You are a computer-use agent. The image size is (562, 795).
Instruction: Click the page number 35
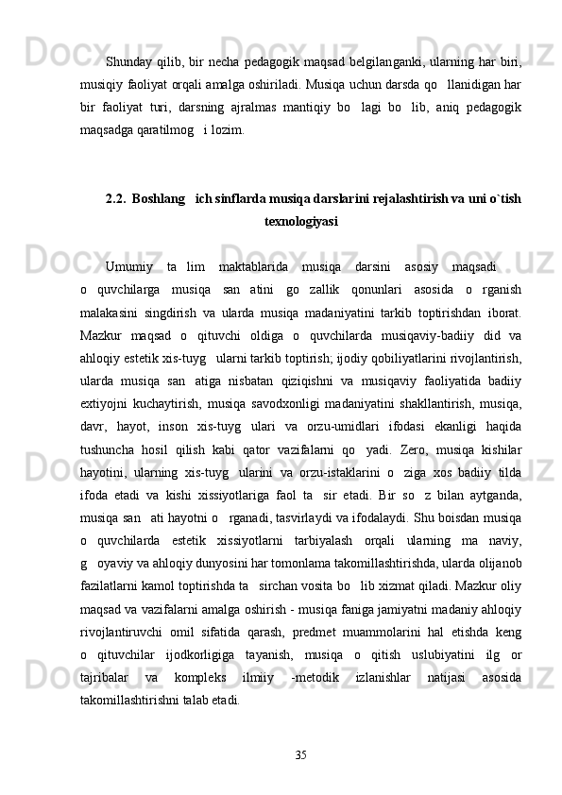pyautogui.click(x=301, y=753)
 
